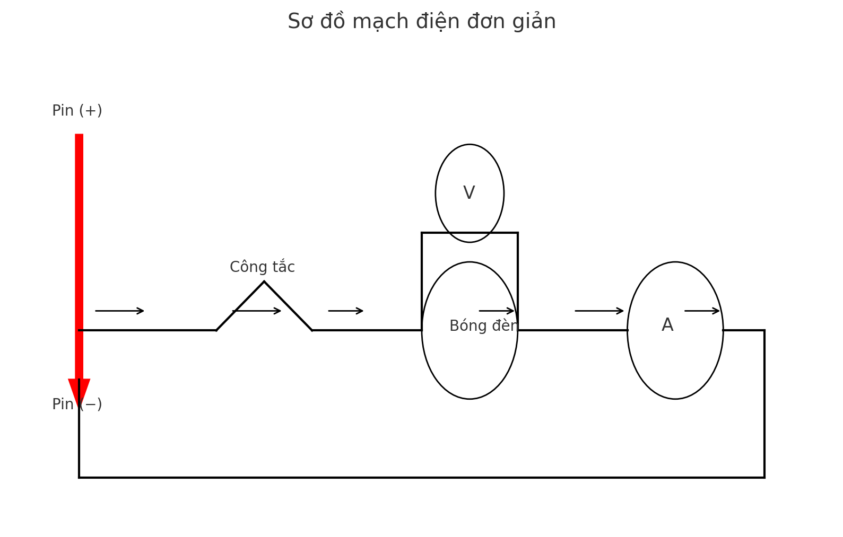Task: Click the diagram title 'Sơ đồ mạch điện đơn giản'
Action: [x=421, y=22]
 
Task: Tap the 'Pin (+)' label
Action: [x=77, y=111]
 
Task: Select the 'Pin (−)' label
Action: [x=77, y=404]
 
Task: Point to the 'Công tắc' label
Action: [x=262, y=267]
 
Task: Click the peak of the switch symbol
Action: [x=264, y=282]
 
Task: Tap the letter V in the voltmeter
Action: [x=469, y=193]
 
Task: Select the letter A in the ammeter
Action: [x=667, y=325]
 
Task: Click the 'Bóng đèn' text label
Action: [x=483, y=326]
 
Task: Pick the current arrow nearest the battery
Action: [x=119, y=311]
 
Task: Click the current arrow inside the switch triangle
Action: [x=257, y=311]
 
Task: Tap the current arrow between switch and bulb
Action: [x=345, y=311]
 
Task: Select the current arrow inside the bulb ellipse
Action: [x=497, y=311]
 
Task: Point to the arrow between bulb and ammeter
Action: [x=599, y=311]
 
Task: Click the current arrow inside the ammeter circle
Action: [x=702, y=311]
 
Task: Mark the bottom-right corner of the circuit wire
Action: [x=764, y=477]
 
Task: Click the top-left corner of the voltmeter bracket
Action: [x=422, y=233]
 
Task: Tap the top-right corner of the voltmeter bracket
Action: [x=517, y=233]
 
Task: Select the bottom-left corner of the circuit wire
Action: [x=80, y=477]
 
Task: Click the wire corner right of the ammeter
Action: [x=764, y=330]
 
